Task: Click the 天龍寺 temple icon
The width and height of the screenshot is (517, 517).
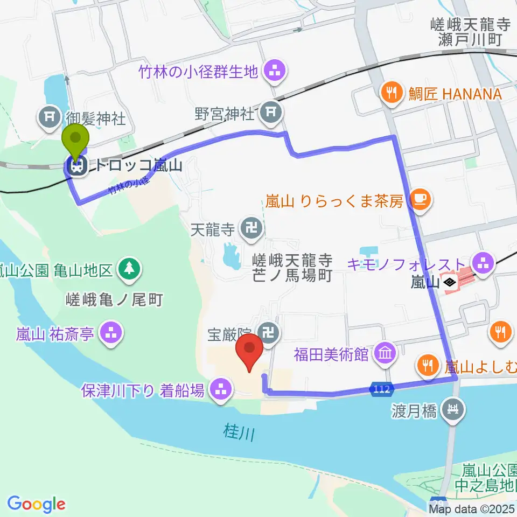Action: click(251, 229)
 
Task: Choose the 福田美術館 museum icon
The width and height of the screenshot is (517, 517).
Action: click(386, 354)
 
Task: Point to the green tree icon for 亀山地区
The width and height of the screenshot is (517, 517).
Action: click(129, 268)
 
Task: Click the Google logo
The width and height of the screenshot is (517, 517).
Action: click(37, 503)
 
